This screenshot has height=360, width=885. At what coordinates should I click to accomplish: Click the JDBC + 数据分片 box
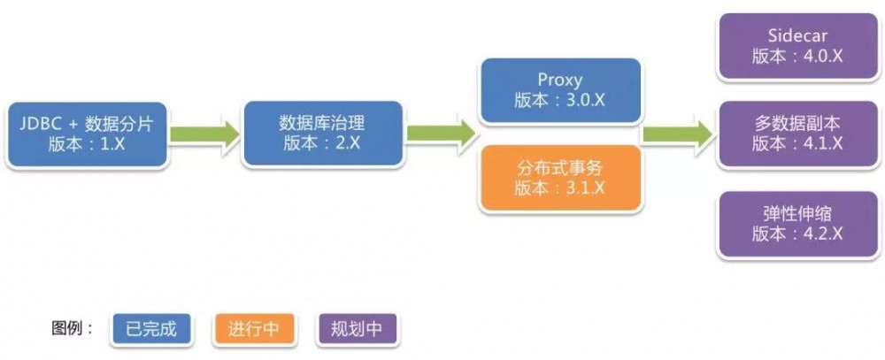click(87, 134)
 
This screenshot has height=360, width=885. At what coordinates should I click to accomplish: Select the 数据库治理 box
click(322, 134)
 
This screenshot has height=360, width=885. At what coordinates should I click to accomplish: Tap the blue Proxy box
click(560, 90)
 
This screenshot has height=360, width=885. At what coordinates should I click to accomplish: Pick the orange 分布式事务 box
click(560, 179)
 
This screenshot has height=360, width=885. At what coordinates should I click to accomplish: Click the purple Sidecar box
click(797, 46)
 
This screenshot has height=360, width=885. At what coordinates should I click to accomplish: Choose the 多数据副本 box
click(797, 134)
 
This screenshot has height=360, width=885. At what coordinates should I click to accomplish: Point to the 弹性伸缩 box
click(797, 224)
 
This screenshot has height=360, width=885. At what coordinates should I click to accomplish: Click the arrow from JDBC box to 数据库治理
click(205, 134)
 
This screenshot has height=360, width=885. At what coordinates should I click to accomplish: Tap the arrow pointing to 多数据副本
click(679, 134)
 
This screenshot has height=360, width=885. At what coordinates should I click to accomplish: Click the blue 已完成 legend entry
click(150, 329)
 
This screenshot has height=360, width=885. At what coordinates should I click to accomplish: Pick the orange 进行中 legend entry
click(254, 329)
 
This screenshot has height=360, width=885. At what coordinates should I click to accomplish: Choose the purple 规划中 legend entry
click(357, 329)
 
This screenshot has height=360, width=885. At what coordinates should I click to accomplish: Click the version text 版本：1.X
click(87, 144)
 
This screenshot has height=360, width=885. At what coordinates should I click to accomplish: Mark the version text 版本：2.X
click(322, 144)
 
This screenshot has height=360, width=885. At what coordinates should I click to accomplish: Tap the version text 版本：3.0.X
click(560, 100)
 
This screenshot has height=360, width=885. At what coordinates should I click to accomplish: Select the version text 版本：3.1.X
click(560, 188)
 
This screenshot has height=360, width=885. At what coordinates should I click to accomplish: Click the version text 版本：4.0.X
click(797, 56)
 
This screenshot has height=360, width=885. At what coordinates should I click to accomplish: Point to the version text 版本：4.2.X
click(797, 234)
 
